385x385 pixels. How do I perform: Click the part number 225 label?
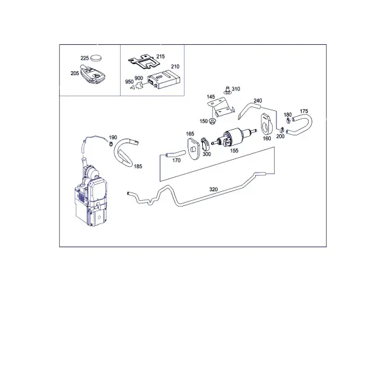point(85,58)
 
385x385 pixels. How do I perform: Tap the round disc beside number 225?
point(96,58)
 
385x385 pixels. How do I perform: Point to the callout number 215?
point(160,56)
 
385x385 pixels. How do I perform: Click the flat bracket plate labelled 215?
point(144,62)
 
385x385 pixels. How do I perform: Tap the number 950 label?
point(129,81)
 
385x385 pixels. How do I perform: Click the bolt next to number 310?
point(227,90)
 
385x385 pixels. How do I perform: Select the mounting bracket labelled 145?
point(221,108)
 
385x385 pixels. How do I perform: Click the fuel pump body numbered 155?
point(234,137)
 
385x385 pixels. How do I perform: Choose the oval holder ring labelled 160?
point(265,124)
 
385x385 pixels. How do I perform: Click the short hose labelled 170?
point(175,154)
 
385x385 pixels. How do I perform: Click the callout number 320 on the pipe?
point(214,189)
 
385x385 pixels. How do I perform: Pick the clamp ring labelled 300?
point(205,144)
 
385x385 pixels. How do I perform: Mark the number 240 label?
point(258,101)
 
